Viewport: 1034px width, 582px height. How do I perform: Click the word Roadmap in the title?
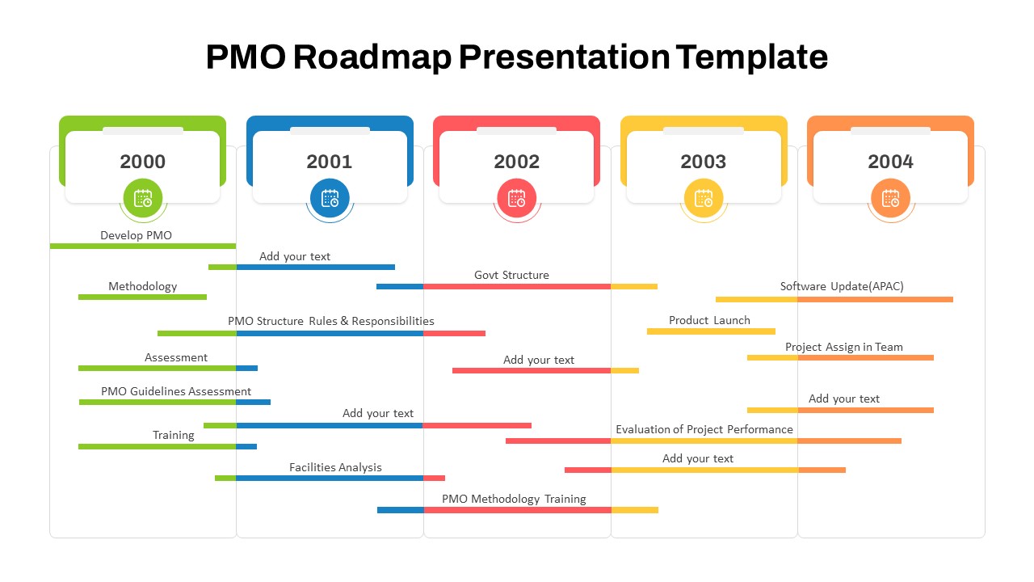(x=372, y=57)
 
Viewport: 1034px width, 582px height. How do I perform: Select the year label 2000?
(x=143, y=162)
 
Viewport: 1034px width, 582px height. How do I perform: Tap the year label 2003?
(x=703, y=162)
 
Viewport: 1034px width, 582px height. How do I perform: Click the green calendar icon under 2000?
(x=143, y=198)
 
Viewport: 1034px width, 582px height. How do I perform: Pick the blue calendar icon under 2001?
(x=330, y=198)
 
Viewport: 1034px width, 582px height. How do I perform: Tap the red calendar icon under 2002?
(x=516, y=198)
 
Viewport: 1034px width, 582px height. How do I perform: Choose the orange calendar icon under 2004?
(x=890, y=198)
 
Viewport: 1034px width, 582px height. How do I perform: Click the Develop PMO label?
(x=137, y=235)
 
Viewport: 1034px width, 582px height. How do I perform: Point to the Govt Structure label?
(x=511, y=275)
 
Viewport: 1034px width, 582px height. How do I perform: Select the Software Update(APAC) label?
(x=842, y=286)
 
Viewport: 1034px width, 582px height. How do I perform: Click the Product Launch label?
(x=709, y=320)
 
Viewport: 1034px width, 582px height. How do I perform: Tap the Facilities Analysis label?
(x=335, y=467)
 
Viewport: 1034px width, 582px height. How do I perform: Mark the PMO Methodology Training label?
(x=514, y=499)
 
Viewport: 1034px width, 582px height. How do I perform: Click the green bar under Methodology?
(x=143, y=297)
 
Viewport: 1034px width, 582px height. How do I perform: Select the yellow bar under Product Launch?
(x=711, y=331)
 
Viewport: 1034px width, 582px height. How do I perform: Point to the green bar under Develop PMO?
(x=143, y=247)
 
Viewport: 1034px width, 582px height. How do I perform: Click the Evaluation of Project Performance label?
(x=704, y=429)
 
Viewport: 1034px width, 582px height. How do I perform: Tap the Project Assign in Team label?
(x=844, y=347)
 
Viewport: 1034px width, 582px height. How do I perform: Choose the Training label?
(x=173, y=435)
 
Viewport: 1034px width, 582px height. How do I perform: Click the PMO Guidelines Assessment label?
(x=176, y=391)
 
